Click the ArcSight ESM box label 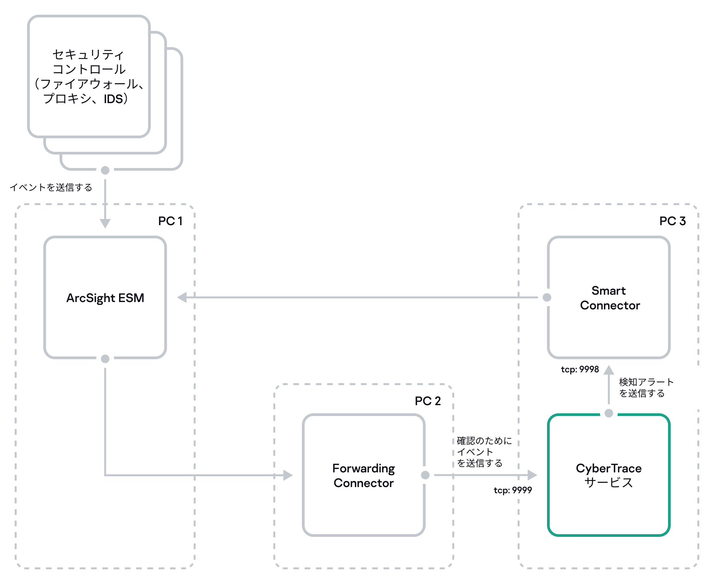click(x=105, y=298)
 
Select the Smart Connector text click(x=610, y=298)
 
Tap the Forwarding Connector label click(x=363, y=475)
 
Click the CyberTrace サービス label click(x=608, y=475)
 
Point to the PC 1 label click(x=170, y=221)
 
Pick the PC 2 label click(x=428, y=401)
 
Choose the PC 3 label click(x=672, y=221)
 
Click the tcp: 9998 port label click(x=579, y=370)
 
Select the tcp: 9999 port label click(x=513, y=490)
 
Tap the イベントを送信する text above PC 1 click(x=51, y=188)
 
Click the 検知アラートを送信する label click(x=646, y=388)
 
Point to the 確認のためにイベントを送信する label click(x=484, y=452)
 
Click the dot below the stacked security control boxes click(x=105, y=170)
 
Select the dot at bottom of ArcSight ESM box click(x=105, y=359)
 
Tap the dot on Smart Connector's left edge click(x=547, y=297)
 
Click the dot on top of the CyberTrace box click(x=609, y=413)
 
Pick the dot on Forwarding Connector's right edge click(x=425, y=475)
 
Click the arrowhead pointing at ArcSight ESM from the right click(x=182, y=297)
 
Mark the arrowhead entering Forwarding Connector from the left click(x=288, y=475)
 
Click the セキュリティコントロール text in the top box click(x=89, y=62)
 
